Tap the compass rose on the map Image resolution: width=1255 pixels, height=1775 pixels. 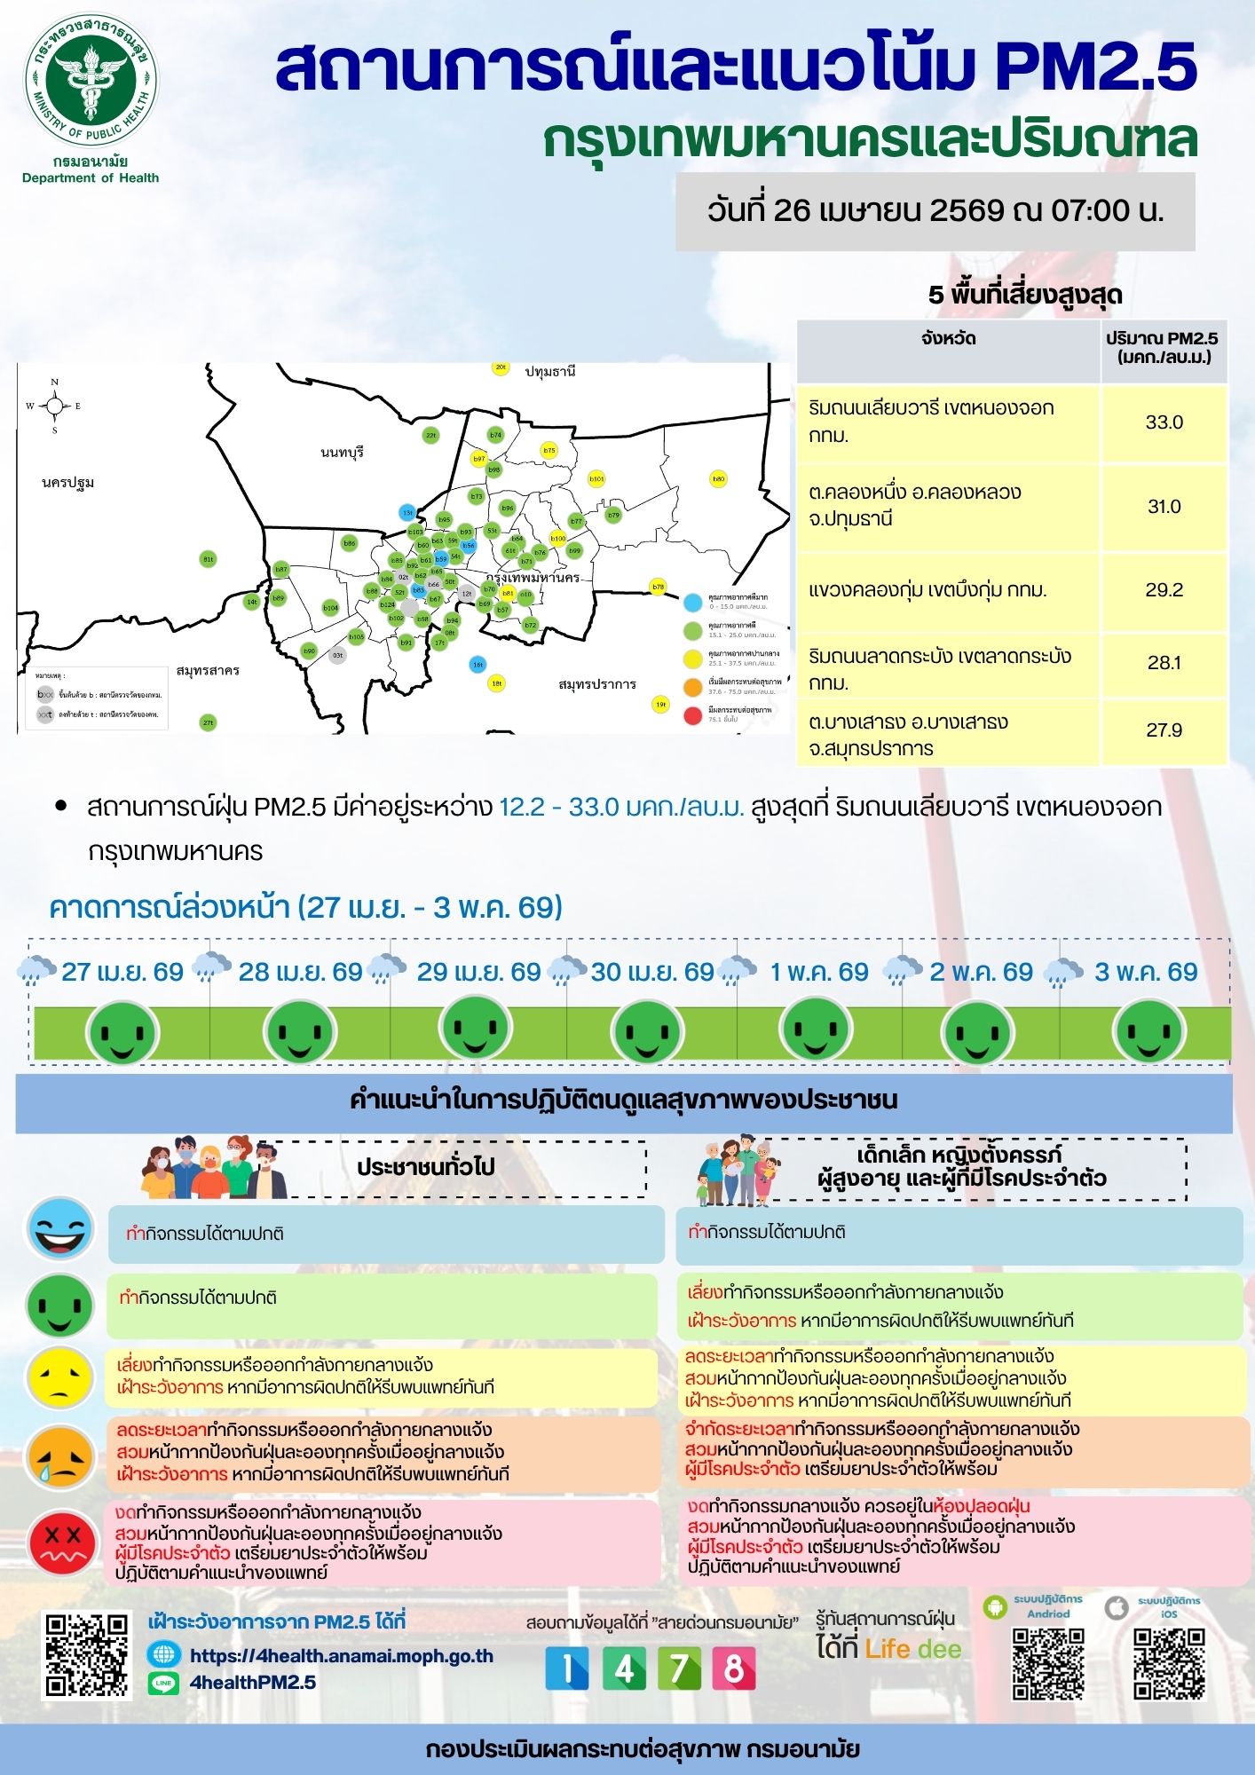click(x=55, y=406)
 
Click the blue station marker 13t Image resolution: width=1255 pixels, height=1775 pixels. click(x=407, y=512)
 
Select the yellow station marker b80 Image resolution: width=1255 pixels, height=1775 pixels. click(x=718, y=479)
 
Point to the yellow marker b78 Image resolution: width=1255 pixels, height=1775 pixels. click(x=658, y=587)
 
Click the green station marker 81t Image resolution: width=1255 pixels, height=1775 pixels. click(x=208, y=559)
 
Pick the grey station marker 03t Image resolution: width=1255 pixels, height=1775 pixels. click(x=337, y=656)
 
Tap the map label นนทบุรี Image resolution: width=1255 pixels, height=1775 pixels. click(x=342, y=453)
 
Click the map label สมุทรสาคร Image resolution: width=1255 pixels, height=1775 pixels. click(x=208, y=671)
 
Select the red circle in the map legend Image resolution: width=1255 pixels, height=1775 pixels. click(x=693, y=714)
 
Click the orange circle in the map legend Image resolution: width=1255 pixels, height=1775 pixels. click(x=693, y=686)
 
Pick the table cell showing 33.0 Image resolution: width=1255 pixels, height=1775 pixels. click(x=1164, y=422)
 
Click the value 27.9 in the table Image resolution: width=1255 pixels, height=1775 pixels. click(x=1164, y=730)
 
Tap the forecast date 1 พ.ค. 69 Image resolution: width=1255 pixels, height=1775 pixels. click(x=819, y=972)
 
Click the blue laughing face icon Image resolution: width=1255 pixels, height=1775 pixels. click(x=60, y=1229)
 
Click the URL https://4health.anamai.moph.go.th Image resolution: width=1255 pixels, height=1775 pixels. click(x=342, y=1656)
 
